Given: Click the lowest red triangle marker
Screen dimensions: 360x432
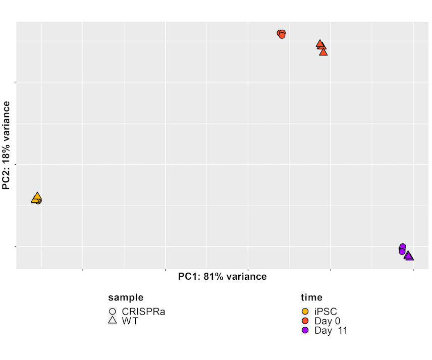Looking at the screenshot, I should [x=323, y=52].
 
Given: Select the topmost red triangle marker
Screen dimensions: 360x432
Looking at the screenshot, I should [x=320, y=44].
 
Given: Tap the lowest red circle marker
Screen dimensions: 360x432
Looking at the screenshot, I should [x=282, y=35].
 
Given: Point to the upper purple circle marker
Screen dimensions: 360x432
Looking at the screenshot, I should [x=403, y=246].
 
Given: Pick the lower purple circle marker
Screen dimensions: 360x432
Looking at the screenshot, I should [x=402, y=251].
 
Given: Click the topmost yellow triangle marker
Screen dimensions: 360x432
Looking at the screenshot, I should [x=36, y=196].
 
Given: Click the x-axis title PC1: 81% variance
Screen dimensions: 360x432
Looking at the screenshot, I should [x=223, y=276].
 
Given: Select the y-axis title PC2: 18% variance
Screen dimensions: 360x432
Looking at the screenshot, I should [x=7, y=145].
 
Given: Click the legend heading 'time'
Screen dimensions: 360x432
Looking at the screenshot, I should [x=311, y=297].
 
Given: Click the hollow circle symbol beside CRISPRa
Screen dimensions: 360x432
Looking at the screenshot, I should [x=113, y=312].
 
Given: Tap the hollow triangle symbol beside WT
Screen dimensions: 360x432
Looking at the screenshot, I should [x=113, y=321].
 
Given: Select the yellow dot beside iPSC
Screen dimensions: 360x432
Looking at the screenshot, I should [x=305, y=312].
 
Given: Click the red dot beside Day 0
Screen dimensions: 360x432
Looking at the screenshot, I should [x=305, y=321].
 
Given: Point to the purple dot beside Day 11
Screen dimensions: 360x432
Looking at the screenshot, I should [x=305, y=330].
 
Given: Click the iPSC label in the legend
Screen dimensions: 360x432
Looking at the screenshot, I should [x=326, y=312].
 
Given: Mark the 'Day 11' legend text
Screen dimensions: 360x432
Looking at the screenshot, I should [x=331, y=330].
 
